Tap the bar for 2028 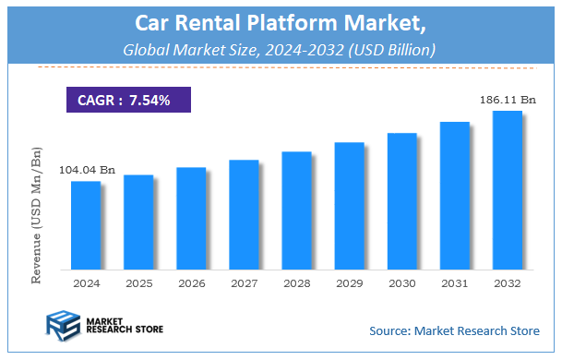coord(296,210)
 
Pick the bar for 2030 coord(402,200)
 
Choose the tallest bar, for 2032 coord(508,189)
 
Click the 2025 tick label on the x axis coord(138,282)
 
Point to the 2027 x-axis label coord(244,282)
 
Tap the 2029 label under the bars coord(349,282)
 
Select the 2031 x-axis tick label coord(455,282)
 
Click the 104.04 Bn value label coord(87,170)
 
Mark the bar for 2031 coord(455,195)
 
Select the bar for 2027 coord(244,214)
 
